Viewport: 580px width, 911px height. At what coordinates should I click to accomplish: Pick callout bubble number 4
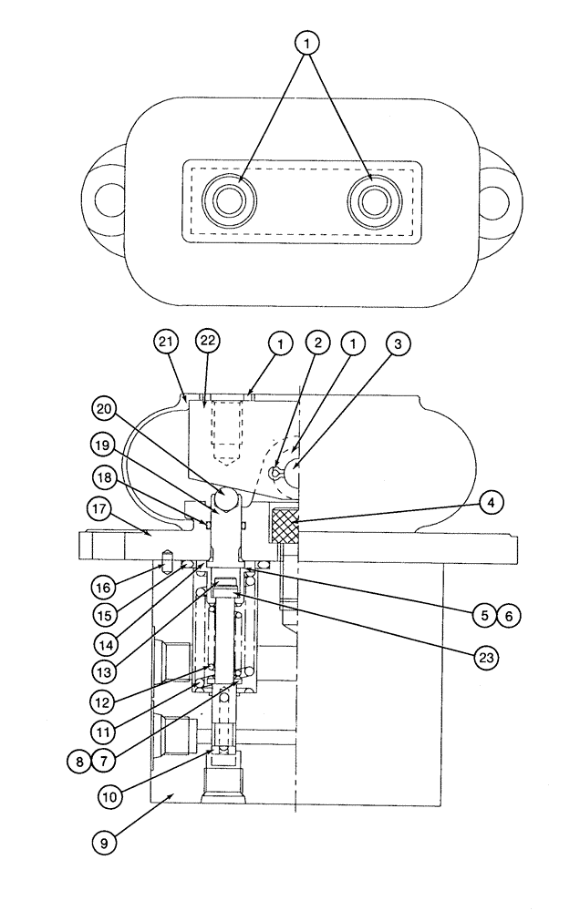(x=491, y=501)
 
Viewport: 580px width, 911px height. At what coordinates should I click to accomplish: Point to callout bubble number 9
(x=104, y=844)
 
